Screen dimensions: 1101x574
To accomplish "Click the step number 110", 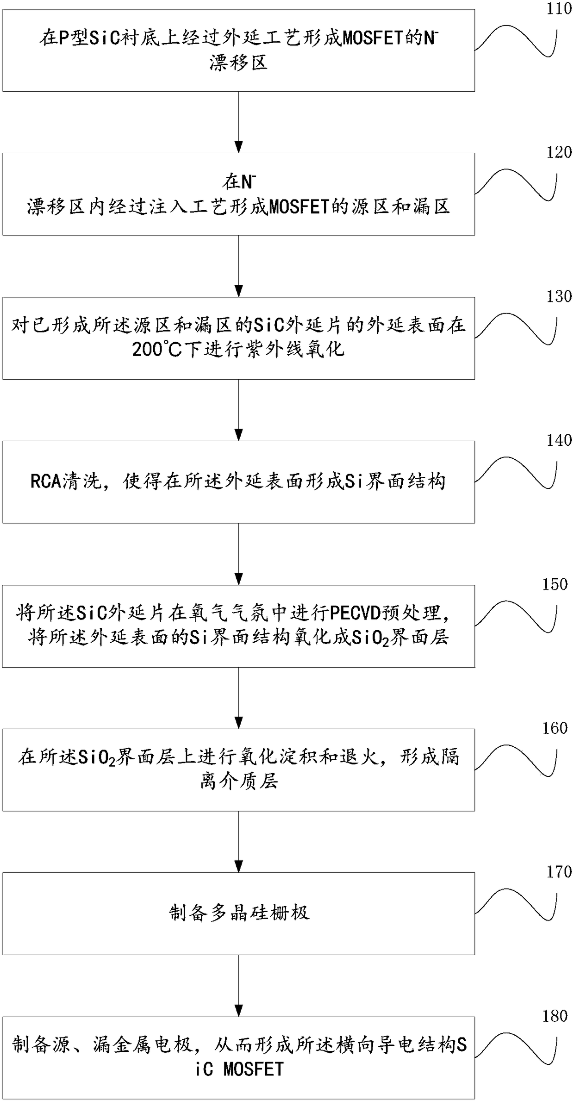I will (x=559, y=9).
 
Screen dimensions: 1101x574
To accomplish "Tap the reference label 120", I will (x=559, y=152).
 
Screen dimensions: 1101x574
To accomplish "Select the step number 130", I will (x=559, y=296).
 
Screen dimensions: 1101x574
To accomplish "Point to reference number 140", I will (x=559, y=440).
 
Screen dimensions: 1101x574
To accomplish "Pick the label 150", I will (x=555, y=584).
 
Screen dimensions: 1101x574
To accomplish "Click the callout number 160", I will (x=555, y=728).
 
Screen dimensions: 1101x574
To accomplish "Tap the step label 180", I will (x=555, y=1016).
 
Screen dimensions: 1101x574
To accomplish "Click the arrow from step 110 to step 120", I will (x=239, y=122).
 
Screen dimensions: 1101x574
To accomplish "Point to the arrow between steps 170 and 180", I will (x=239, y=986).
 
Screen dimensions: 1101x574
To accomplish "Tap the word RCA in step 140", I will (x=46, y=482).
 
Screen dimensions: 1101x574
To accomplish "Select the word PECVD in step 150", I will (x=355, y=613).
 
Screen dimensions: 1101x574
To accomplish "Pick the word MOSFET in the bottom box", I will (x=253, y=1069).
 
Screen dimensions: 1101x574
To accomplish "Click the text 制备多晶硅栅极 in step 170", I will (x=239, y=913).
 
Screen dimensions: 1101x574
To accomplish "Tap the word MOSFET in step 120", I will (x=299, y=207).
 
